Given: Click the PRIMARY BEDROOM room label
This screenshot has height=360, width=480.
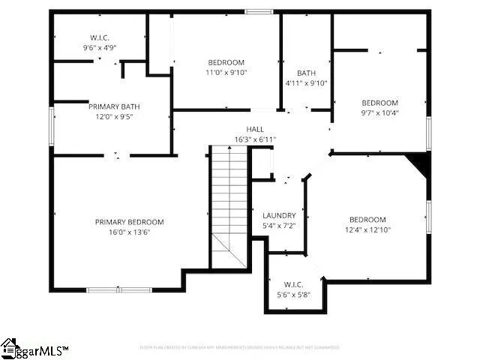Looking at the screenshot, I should click(129, 222).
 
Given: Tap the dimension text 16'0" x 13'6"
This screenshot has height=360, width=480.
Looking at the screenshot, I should click(129, 232).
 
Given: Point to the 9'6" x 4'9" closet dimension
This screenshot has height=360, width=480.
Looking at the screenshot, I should click(99, 47).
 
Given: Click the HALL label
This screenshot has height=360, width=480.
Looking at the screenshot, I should click(255, 130).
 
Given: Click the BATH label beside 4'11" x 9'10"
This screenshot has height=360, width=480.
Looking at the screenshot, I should click(306, 73).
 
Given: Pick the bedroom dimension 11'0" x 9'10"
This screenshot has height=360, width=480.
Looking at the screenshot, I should click(226, 73).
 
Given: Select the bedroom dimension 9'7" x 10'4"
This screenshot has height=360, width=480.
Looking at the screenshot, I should click(380, 113).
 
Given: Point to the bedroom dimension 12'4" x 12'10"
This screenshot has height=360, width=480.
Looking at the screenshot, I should click(367, 230).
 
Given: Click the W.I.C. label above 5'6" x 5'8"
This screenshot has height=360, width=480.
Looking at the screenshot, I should click(293, 285).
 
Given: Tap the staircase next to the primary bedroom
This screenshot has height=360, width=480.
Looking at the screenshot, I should click(229, 199).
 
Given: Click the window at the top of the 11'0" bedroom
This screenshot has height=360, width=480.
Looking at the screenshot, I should click(259, 11).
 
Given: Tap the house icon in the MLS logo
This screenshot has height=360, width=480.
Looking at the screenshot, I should click(10, 347).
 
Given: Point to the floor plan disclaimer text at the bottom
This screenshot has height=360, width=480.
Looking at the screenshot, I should click(240, 347).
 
